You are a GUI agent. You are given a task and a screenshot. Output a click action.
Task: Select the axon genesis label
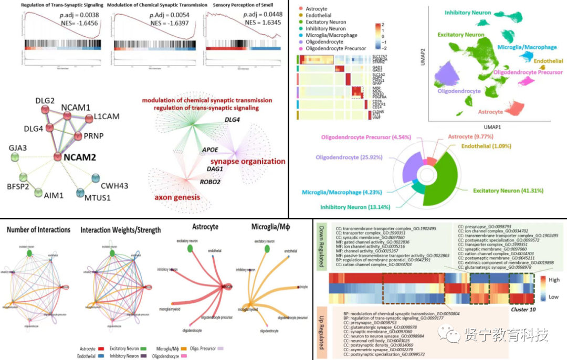(177, 197)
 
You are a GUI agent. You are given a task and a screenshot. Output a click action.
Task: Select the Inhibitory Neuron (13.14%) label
(356, 206)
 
